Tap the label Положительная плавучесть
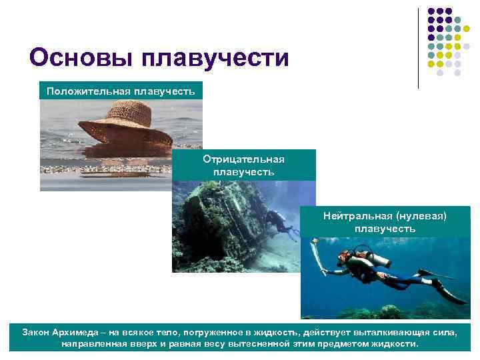121,91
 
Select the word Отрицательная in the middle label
244,159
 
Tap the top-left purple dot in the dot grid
431,11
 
